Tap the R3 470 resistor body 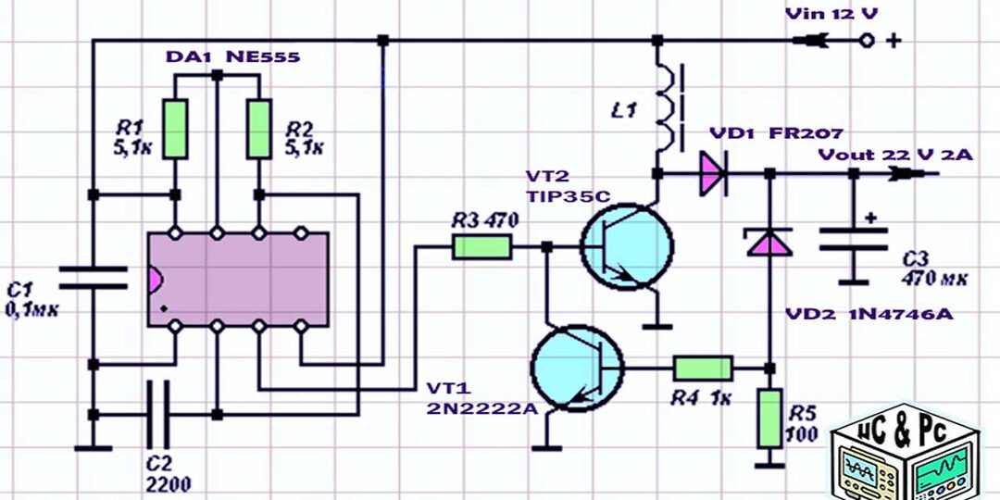[x=481, y=246]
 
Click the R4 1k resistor [x=703, y=368]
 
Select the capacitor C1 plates [x=93, y=277]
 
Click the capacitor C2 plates [x=158, y=414]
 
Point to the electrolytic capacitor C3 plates [x=854, y=239]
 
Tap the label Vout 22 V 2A [x=894, y=155]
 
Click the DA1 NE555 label [x=232, y=56]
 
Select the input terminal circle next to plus [x=867, y=40]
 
